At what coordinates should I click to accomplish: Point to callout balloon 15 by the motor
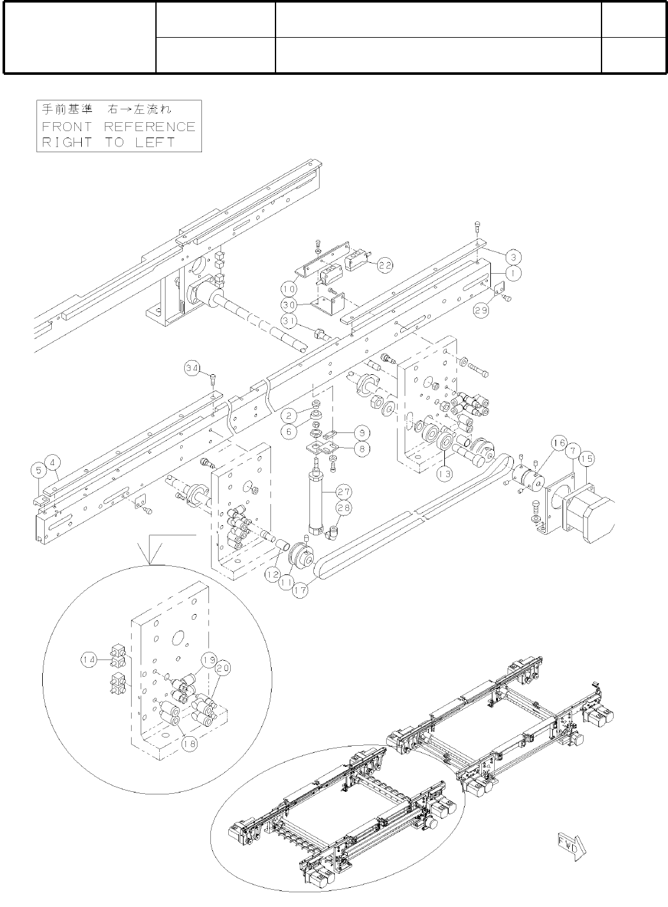pyautogui.click(x=587, y=458)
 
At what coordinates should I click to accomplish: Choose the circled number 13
pyautogui.click(x=444, y=474)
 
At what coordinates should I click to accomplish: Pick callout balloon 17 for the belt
pyautogui.click(x=300, y=590)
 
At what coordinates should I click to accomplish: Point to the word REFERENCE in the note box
pyautogui.click(x=150, y=127)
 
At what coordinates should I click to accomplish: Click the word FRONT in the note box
pyautogui.click(x=67, y=127)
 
